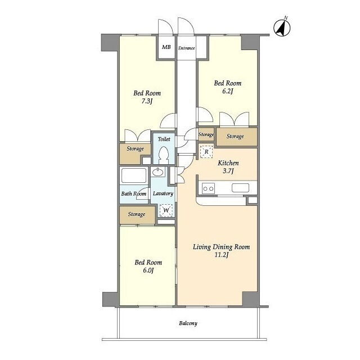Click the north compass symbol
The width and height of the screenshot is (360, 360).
click(x=282, y=28)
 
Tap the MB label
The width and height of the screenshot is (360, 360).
click(x=166, y=47)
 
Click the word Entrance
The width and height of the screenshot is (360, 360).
click(x=186, y=48)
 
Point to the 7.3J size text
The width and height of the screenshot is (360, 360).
click(x=146, y=101)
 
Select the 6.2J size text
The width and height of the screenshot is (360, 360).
click(x=227, y=91)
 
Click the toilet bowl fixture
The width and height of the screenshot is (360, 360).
click(x=164, y=155)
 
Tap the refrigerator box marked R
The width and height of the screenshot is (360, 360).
click(x=206, y=152)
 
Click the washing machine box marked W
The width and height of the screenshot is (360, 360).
click(x=166, y=210)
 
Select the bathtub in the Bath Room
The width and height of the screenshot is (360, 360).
click(x=134, y=176)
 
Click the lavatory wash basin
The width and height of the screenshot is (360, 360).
click(x=157, y=172)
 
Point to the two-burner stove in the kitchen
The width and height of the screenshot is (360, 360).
click(x=209, y=188)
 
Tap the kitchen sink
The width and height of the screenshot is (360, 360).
click(x=240, y=188)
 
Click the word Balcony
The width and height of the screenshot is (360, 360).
click(x=188, y=323)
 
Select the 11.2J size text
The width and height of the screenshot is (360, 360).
click(x=221, y=255)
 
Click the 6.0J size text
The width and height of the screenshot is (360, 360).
click(x=148, y=270)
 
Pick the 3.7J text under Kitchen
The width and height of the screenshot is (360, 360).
click(x=228, y=171)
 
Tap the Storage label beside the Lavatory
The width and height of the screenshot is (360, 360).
click(x=137, y=214)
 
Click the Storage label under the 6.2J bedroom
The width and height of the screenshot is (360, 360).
click(x=235, y=136)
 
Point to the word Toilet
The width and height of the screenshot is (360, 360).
click(x=164, y=139)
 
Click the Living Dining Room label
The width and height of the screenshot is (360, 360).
click(x=221, y=247)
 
